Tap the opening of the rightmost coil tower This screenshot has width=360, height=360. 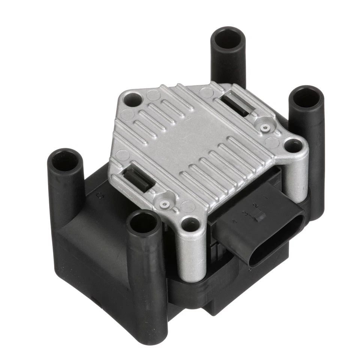click(x=306, y=97)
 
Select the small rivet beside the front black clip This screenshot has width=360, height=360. click(x=164, y=204)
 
